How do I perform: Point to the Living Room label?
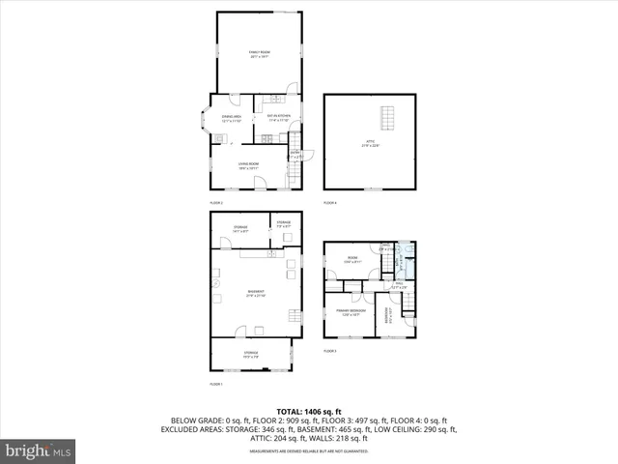click(x=248, y=165)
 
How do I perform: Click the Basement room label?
click(x=256, y=293)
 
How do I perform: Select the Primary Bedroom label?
click(x=349, y=312)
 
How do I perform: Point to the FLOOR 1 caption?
click(x=216, y=385)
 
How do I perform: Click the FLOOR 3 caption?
click(x=329, y=350)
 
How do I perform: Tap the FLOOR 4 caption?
click(x=330, y=203)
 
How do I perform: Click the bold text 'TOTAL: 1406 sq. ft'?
click(x=308, y=412)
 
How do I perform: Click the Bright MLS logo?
click(x=39, y=450)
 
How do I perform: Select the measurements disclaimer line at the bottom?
click(x=308, y=450)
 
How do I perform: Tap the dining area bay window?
click(x=204, y=121)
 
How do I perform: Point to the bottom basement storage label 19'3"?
click(x=251, y=354)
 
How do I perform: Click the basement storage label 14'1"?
click(x=240, y=229)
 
